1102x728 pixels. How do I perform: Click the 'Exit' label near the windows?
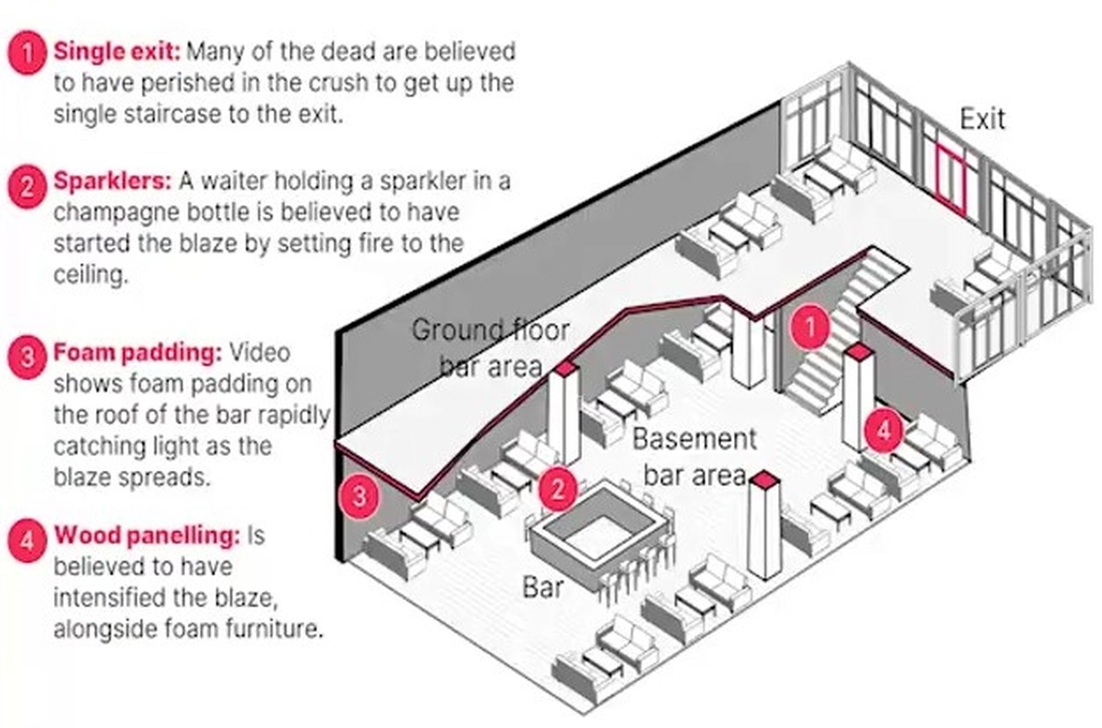982,119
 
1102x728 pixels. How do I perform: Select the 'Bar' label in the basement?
543,587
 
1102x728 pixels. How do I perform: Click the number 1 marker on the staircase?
809,327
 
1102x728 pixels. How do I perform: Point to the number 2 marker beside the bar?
558,489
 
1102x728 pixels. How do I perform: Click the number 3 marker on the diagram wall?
359,495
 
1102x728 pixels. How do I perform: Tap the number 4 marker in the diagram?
883,430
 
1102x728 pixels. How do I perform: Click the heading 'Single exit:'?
117,52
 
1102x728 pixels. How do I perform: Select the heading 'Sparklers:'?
112,181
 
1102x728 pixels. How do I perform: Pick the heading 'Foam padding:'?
137,353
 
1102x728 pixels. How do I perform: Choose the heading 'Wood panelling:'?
147,536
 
